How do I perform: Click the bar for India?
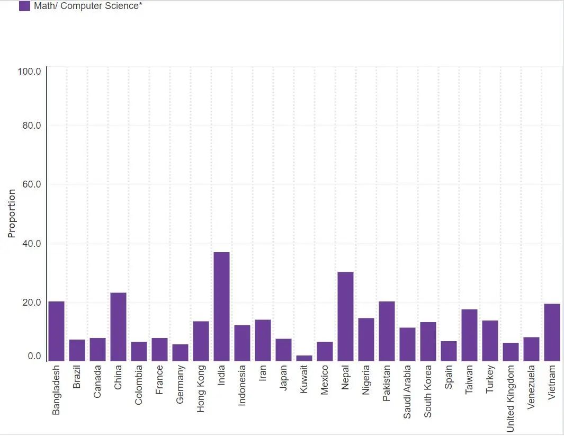click(221, 307)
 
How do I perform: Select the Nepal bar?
click(345, 316)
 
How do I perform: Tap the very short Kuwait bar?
click(304, 358)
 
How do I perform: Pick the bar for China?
click(118, 327)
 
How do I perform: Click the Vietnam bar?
click(552, 332)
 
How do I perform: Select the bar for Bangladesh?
click(56, 331)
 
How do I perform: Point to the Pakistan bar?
click(387, 331)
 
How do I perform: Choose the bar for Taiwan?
click(469, 335)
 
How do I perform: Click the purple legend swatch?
click(24, 6)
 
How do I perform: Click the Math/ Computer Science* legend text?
click(88, 6)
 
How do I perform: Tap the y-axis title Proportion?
click(12, 213)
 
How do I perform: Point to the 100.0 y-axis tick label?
click(29, 71)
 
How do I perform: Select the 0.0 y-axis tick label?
click(34, 356)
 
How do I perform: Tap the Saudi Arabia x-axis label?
click(407, 391)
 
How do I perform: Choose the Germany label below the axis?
click(180, 384)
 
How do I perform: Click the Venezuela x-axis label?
click(531, 387)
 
